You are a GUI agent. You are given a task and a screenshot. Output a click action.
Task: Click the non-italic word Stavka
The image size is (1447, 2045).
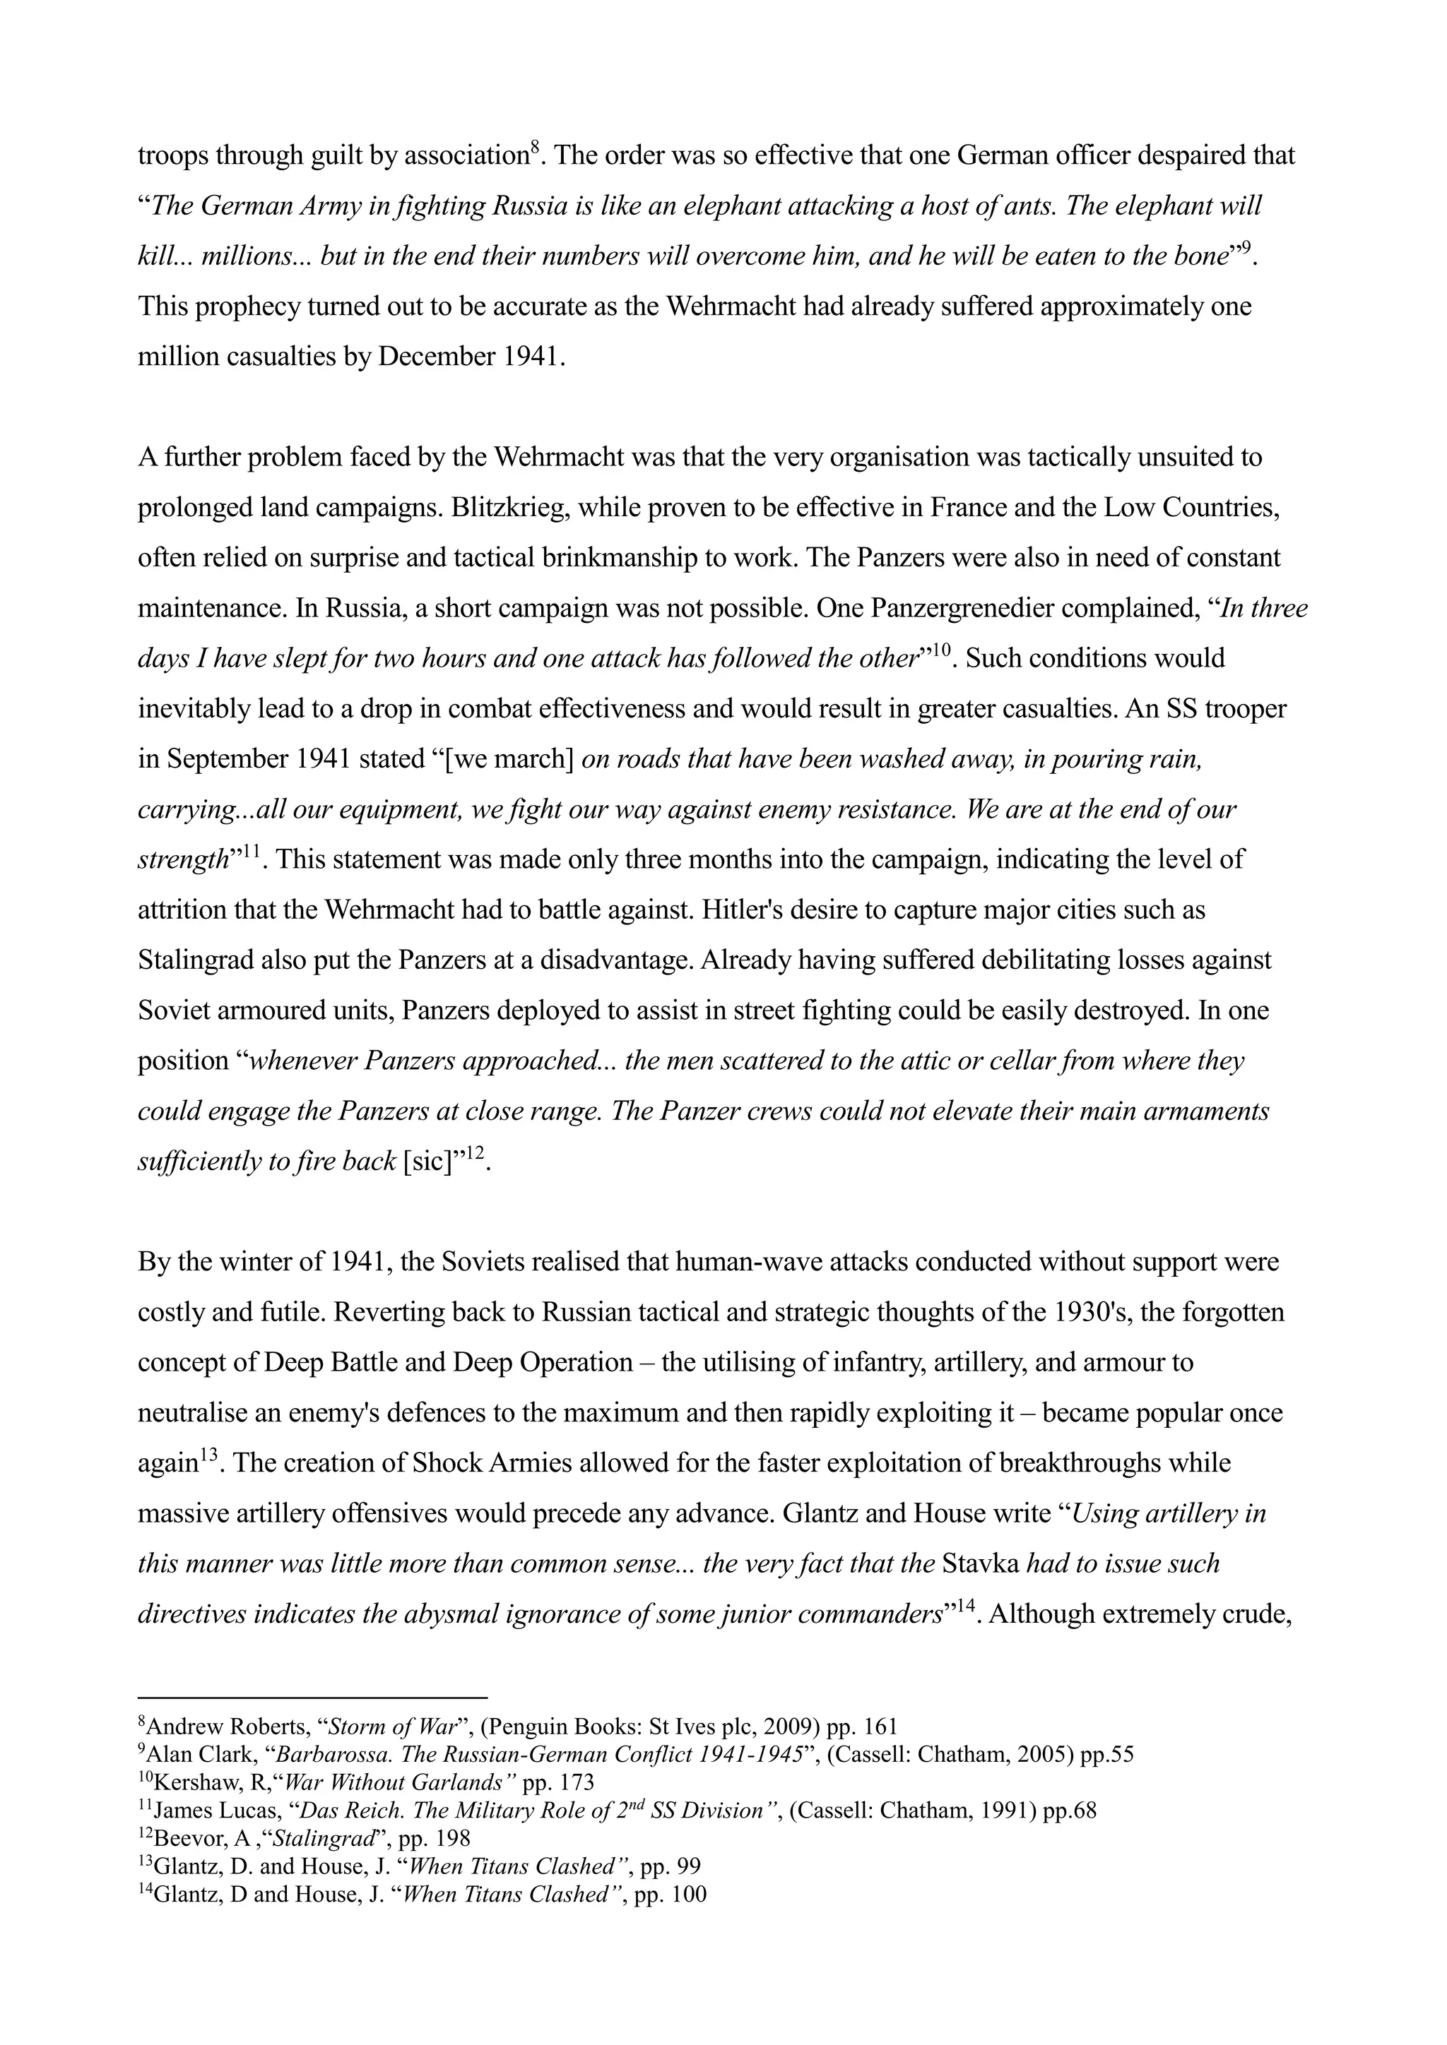pyautogui.click(x=980, y=1565)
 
